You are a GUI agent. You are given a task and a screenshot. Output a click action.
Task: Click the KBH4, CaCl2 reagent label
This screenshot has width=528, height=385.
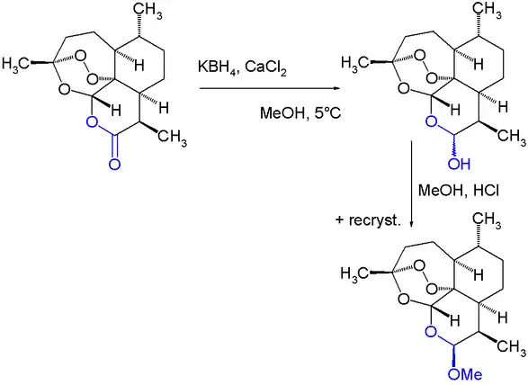click(x=242, y=67)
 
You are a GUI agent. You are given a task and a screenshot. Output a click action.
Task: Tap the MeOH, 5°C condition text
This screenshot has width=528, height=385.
click(x=300, y=112)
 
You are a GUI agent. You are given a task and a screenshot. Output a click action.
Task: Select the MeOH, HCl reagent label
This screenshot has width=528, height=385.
click(x=459, y=191)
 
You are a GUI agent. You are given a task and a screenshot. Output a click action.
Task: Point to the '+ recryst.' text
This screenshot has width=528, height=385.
click(x=369, y=220)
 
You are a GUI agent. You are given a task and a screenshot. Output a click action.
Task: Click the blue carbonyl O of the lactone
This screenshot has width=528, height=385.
click(x=114, y=164)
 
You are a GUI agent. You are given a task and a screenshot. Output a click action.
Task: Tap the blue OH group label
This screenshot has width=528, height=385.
click(x=459, y=164)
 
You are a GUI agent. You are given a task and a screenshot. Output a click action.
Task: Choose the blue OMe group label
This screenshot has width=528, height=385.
click(x=465, y=374)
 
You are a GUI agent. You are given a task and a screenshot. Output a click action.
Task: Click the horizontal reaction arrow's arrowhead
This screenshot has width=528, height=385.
click(x=336, y=88)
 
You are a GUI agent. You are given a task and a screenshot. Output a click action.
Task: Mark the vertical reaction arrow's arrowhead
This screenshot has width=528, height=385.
click(x=411, y=224)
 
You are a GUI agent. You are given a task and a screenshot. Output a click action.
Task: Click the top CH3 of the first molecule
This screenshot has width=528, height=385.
click(x=148, y=12)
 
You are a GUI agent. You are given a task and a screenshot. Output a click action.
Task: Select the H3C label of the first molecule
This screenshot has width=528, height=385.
click(x=15, y=63)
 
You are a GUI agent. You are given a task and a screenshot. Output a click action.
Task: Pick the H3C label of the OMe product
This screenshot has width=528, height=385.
click(x=354, y=273)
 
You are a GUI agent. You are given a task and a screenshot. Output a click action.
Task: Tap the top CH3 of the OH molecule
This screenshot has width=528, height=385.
click(x=487, y=11)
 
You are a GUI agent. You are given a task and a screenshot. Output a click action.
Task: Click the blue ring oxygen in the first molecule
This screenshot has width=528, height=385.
click(x=93, y=122)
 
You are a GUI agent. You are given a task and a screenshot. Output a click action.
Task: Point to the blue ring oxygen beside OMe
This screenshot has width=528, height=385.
click(x=431, y=332)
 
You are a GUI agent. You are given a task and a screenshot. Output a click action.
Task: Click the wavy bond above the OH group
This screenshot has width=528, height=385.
click(x=455, y=147)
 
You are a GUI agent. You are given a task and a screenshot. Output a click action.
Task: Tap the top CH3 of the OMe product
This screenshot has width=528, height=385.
click(x=487, y=220)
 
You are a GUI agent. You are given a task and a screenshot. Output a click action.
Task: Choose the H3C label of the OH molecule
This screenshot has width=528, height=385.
click(x=355, y=63)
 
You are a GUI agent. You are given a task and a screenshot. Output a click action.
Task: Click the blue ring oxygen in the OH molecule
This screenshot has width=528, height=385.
click(x=432, y=121)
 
